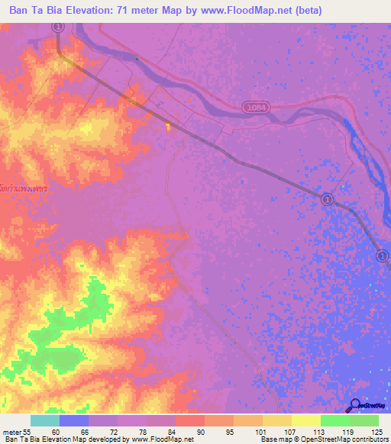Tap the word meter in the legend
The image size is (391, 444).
point(11,433)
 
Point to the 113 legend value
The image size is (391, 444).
point(320,433)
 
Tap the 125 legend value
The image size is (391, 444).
point(376,433)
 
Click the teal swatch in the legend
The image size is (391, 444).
point(44,420)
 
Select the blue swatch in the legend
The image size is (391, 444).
point(73,420)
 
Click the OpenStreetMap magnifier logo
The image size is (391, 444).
point(354,406)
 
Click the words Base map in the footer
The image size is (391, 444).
point(276,440)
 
